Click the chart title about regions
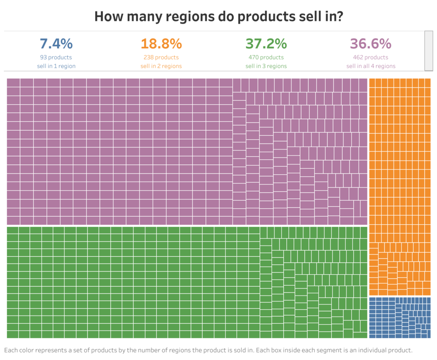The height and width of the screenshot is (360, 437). [219, 16]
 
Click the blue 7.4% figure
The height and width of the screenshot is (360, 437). [56, 44]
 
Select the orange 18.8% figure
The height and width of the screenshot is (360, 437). [161, 44]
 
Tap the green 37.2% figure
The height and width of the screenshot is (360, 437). [266, 44]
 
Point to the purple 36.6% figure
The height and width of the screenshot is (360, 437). [370, 44]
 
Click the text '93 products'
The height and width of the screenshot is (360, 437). [56, 57]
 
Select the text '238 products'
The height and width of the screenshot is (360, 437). [161, 57]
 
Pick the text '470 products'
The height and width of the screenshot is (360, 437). [266, 57]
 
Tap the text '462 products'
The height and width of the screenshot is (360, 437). [370, 57]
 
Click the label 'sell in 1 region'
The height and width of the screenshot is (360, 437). [56, 66]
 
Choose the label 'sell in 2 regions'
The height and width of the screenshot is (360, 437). [161, 66]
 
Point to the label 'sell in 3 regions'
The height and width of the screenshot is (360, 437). [266, 66]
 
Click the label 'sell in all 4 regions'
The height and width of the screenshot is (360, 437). [370, 66]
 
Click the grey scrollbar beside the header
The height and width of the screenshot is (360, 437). [428, 50]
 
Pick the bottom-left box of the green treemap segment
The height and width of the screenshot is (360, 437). [12, 334]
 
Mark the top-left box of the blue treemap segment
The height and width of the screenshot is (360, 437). [372, 300]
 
